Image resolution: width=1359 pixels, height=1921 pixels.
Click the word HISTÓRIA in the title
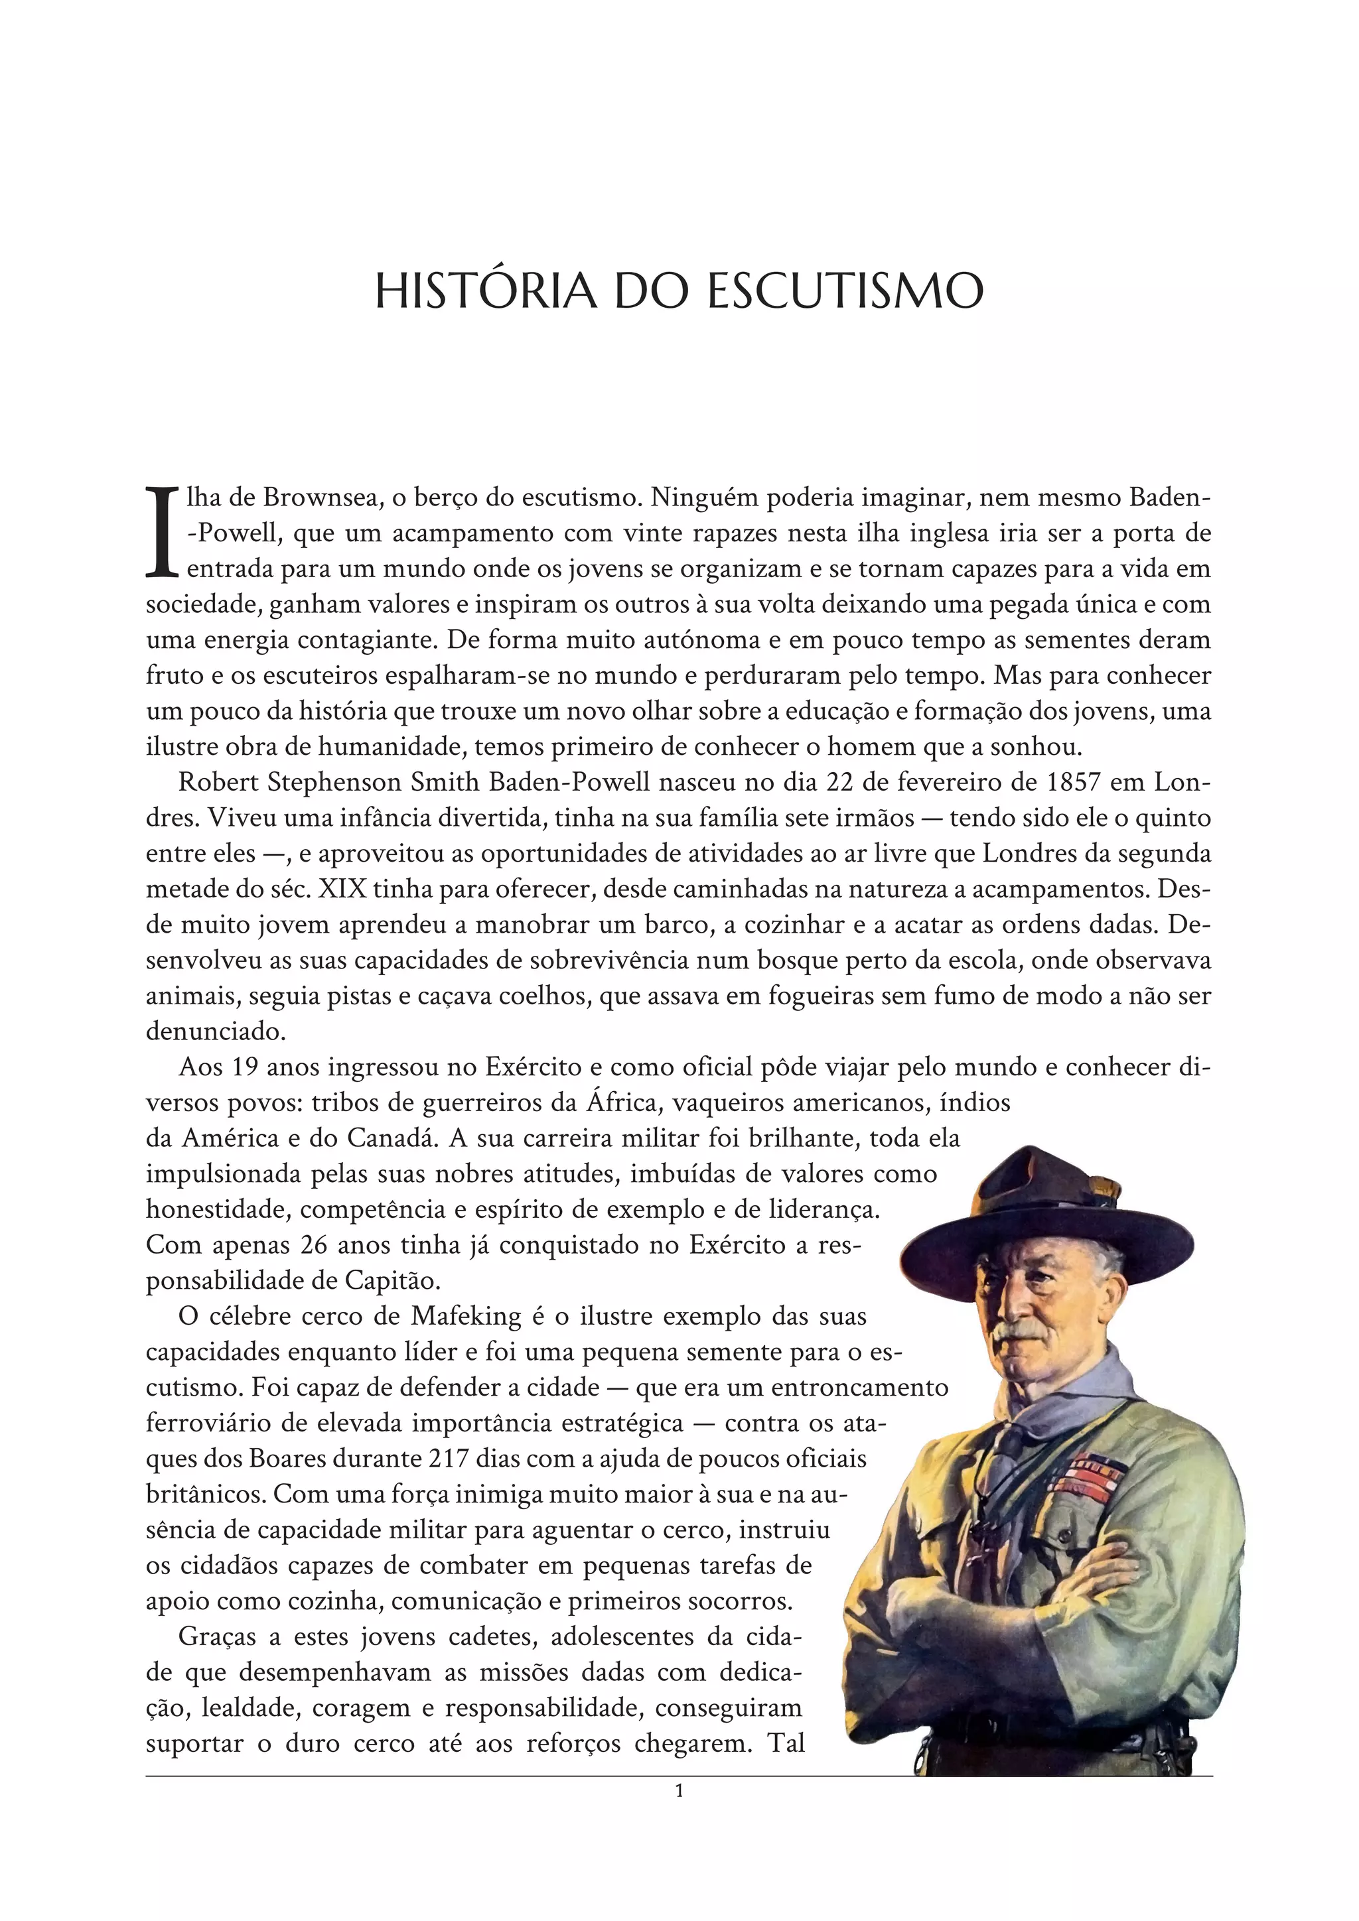coord(485,291)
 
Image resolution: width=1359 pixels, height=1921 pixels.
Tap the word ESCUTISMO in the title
coord(845,291)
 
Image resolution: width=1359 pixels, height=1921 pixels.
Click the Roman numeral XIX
coord(342,889)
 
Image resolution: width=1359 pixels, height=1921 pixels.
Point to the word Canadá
coord(392,1139)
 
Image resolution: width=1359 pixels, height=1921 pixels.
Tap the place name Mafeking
coord(466,1316)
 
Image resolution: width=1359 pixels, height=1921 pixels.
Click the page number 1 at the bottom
coord(679,1790)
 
